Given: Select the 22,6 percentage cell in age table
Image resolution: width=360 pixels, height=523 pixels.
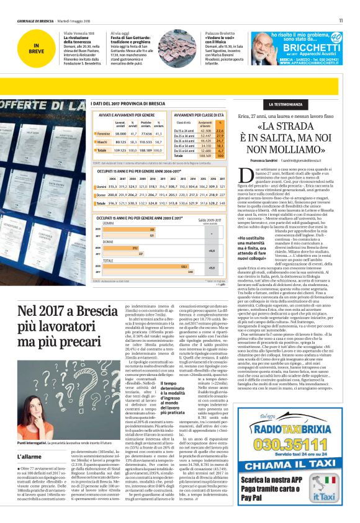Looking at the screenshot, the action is point(237,130).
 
